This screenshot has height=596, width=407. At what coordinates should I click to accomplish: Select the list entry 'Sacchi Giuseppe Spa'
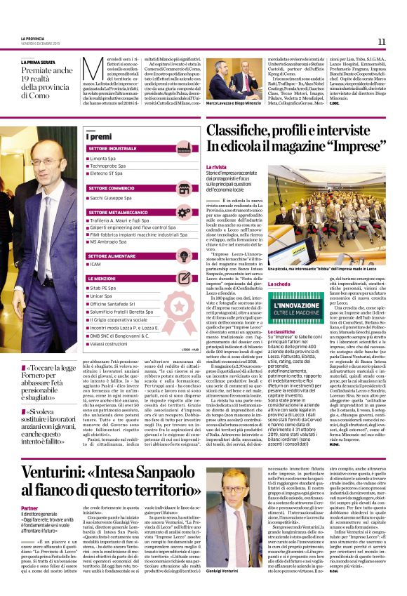point(115,199)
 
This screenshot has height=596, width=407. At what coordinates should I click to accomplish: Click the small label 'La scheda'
point(279,283)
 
